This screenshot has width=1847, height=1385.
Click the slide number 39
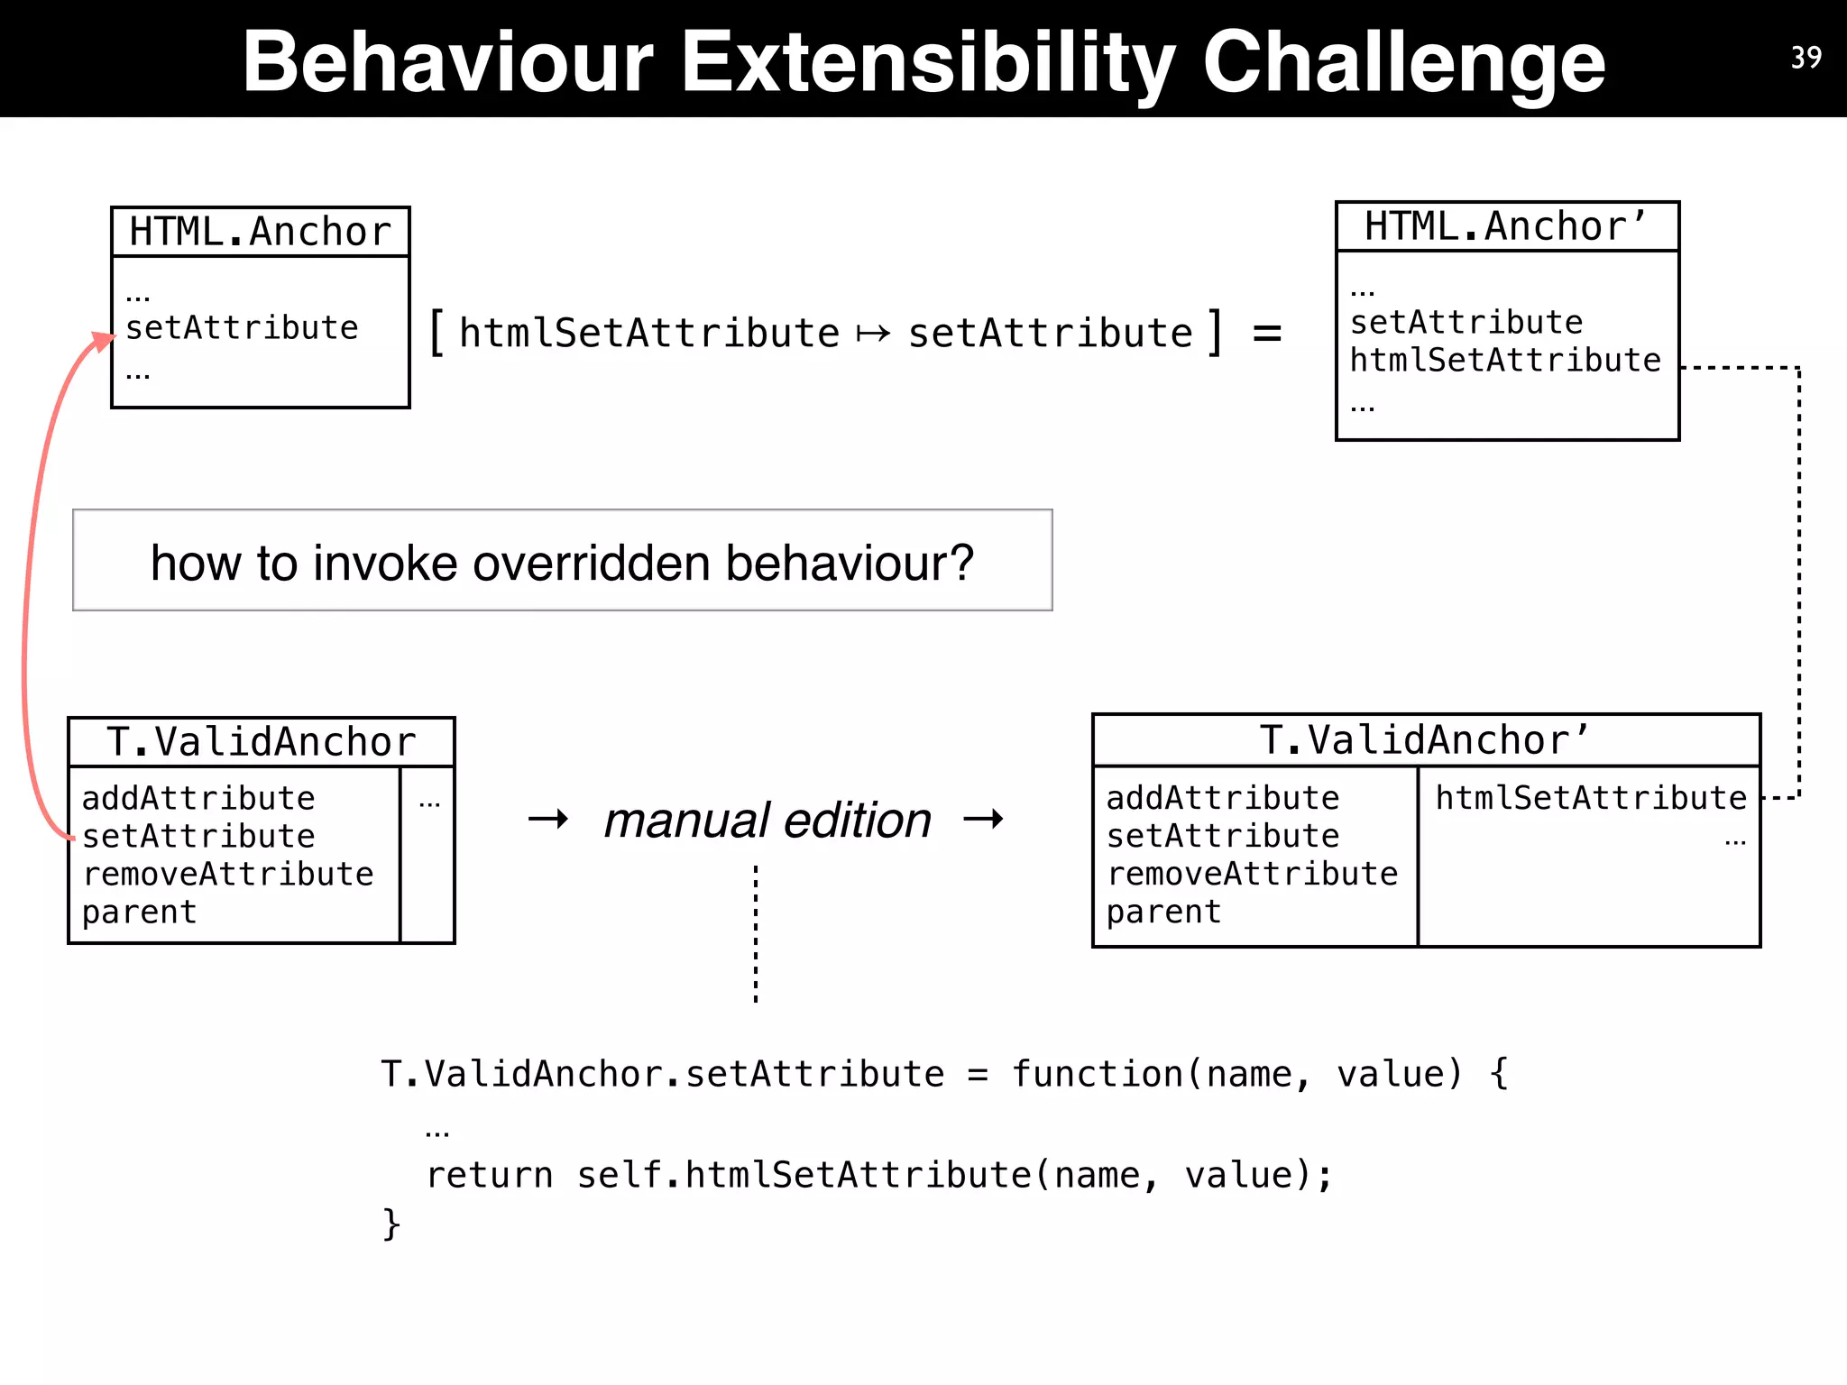point(1806,58)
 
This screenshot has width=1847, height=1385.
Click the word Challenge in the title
point(1403,61)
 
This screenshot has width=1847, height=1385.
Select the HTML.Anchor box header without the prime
point(260,232)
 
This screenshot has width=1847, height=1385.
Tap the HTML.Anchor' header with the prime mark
point(1506,226)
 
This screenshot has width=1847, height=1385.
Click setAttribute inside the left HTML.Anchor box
point(242,327)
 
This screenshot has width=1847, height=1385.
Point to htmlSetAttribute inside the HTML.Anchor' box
point(1504,360)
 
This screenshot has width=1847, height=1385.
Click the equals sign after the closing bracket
point(1267,333)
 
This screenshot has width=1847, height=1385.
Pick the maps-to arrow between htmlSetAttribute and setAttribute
point(873,335)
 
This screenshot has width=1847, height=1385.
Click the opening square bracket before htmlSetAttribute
point(436,333)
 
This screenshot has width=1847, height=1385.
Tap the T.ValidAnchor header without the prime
point(261,742)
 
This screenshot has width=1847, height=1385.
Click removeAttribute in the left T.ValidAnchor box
point(227,874)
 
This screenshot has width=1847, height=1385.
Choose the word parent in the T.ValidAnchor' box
point(1163,913)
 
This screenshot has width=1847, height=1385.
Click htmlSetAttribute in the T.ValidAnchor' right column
point(1591,798)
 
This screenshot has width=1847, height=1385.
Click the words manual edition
point(767,820)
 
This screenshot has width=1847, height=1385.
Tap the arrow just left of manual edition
point(548,819)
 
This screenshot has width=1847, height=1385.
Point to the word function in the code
point(1097,1074)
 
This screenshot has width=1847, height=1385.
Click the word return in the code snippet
point(489,1175)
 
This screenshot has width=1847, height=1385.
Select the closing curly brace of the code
point(391,1224)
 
